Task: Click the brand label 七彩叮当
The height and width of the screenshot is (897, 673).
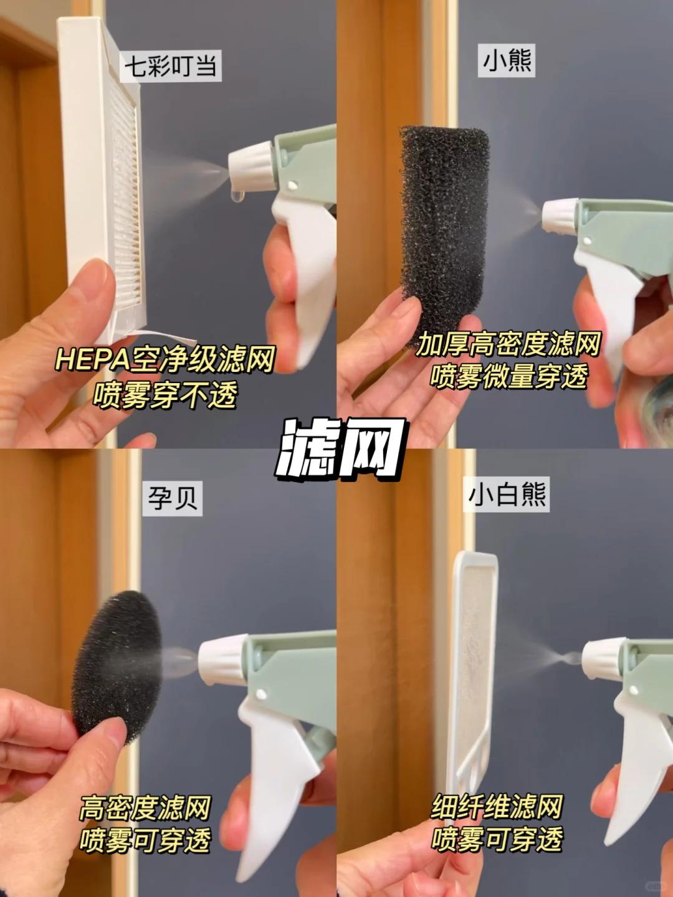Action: pos(170,66)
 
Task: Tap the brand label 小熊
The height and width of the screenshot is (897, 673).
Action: pos(506,61)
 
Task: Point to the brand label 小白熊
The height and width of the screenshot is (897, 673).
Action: pos(506,494)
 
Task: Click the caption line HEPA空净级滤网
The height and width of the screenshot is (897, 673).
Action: pos(165,359)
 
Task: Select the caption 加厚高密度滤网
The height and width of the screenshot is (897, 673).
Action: pos(508,344)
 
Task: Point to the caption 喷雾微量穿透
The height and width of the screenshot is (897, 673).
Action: pos(508,376)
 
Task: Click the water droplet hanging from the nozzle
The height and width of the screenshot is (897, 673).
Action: pos(237,196)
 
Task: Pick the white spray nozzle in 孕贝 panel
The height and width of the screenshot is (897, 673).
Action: pos(222,659)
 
